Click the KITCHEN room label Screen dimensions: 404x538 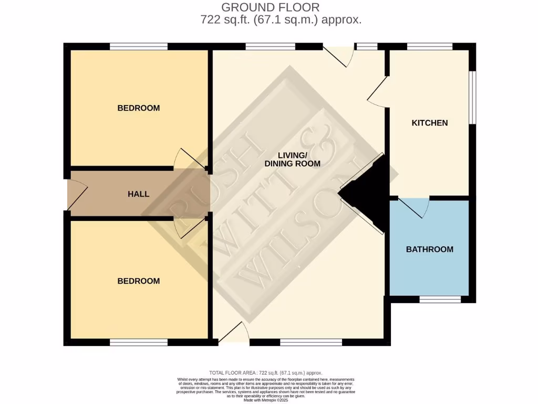click(429, 123)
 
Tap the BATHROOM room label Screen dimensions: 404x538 click(429, 249)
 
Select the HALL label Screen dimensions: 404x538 click(138, 194)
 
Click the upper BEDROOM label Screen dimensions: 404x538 click(138, 108)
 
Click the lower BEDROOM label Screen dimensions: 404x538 click(138, 281)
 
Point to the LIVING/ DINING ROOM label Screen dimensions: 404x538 click(300, 159)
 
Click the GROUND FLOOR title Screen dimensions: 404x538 click(270, 7)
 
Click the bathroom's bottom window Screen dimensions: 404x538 click(440, 299)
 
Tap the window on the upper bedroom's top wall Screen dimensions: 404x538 click(139, 46)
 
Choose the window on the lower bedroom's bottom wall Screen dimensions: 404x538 click(139, 342)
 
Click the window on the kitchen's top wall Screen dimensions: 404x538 click(429, 46)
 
